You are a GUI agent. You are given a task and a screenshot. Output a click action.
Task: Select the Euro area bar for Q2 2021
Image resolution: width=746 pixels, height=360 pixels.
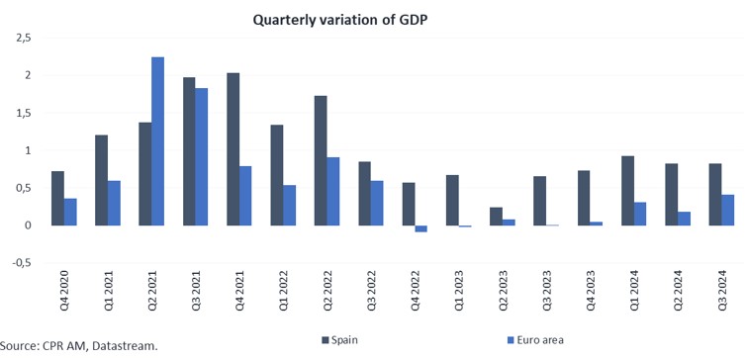tap(157, 141)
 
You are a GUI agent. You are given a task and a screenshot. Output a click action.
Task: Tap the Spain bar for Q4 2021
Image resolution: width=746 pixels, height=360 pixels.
tap(233, 149)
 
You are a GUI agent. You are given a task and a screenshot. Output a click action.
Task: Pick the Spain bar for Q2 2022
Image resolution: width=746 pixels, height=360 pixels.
tap(321, 160)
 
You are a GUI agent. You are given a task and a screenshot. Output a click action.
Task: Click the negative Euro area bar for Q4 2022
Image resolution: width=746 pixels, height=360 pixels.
tap(420, 228)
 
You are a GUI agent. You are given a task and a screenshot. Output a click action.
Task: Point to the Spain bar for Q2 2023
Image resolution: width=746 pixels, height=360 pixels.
tap(496, 217)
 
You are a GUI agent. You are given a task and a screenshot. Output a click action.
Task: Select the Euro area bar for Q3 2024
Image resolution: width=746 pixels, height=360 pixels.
tap(728, 210)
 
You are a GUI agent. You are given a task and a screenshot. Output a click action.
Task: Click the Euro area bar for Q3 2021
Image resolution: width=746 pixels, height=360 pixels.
tap(201, 156)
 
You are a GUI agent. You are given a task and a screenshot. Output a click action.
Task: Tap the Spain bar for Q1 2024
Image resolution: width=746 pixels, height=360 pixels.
tap(627, 191)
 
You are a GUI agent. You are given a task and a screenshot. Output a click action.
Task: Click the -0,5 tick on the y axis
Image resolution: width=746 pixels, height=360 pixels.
tap(20, 263)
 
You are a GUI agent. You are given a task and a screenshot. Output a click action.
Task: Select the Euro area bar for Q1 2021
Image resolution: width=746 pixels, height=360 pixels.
tap(114, 203)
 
